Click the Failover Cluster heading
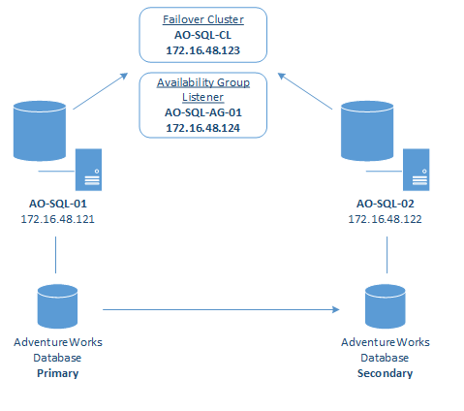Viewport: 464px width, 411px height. point(203,19)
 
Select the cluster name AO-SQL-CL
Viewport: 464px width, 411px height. point(202,35)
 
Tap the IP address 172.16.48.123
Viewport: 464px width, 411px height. point(202,50)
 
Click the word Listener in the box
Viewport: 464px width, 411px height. point(202,97)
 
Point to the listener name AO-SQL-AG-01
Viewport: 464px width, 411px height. point(203,112)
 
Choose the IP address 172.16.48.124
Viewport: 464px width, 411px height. point(202,128)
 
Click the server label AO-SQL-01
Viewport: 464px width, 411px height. point(58,204)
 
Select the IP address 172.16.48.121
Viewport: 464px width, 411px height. point(58,219)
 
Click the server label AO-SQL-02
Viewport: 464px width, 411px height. point(386,204)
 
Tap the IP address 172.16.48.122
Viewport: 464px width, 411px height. point(386,219)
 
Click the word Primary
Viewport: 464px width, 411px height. point(58,373)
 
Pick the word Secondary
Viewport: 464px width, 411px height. point(386,373)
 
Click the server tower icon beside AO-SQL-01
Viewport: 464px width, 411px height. point(88,170)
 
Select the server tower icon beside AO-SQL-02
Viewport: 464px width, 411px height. point(417,170)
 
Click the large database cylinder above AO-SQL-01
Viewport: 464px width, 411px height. point(40,131)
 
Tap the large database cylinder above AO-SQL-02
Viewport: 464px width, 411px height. point(367,131)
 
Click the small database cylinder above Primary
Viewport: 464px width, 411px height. point(57,306)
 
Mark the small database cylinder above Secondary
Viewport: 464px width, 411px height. point(386,306)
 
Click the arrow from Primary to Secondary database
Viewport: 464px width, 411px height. point(221,309)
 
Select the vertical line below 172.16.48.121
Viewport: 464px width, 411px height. point(55,255)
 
